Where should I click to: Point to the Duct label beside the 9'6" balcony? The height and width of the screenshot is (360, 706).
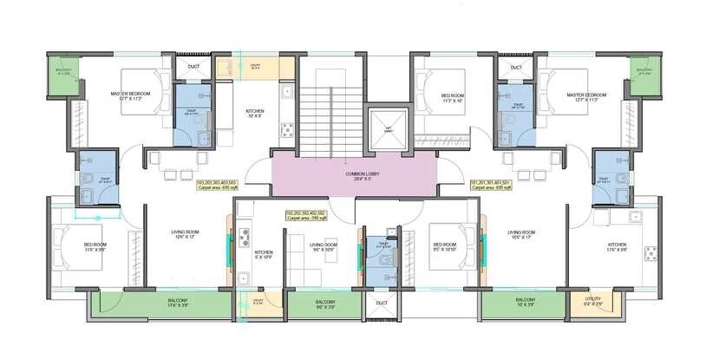382,303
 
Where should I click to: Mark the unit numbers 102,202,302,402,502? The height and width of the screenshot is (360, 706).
305,213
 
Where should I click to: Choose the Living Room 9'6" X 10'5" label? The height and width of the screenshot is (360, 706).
324,246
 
